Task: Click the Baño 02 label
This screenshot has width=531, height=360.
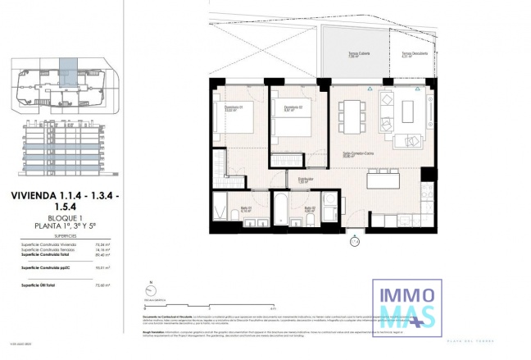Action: tap(309, 209)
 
